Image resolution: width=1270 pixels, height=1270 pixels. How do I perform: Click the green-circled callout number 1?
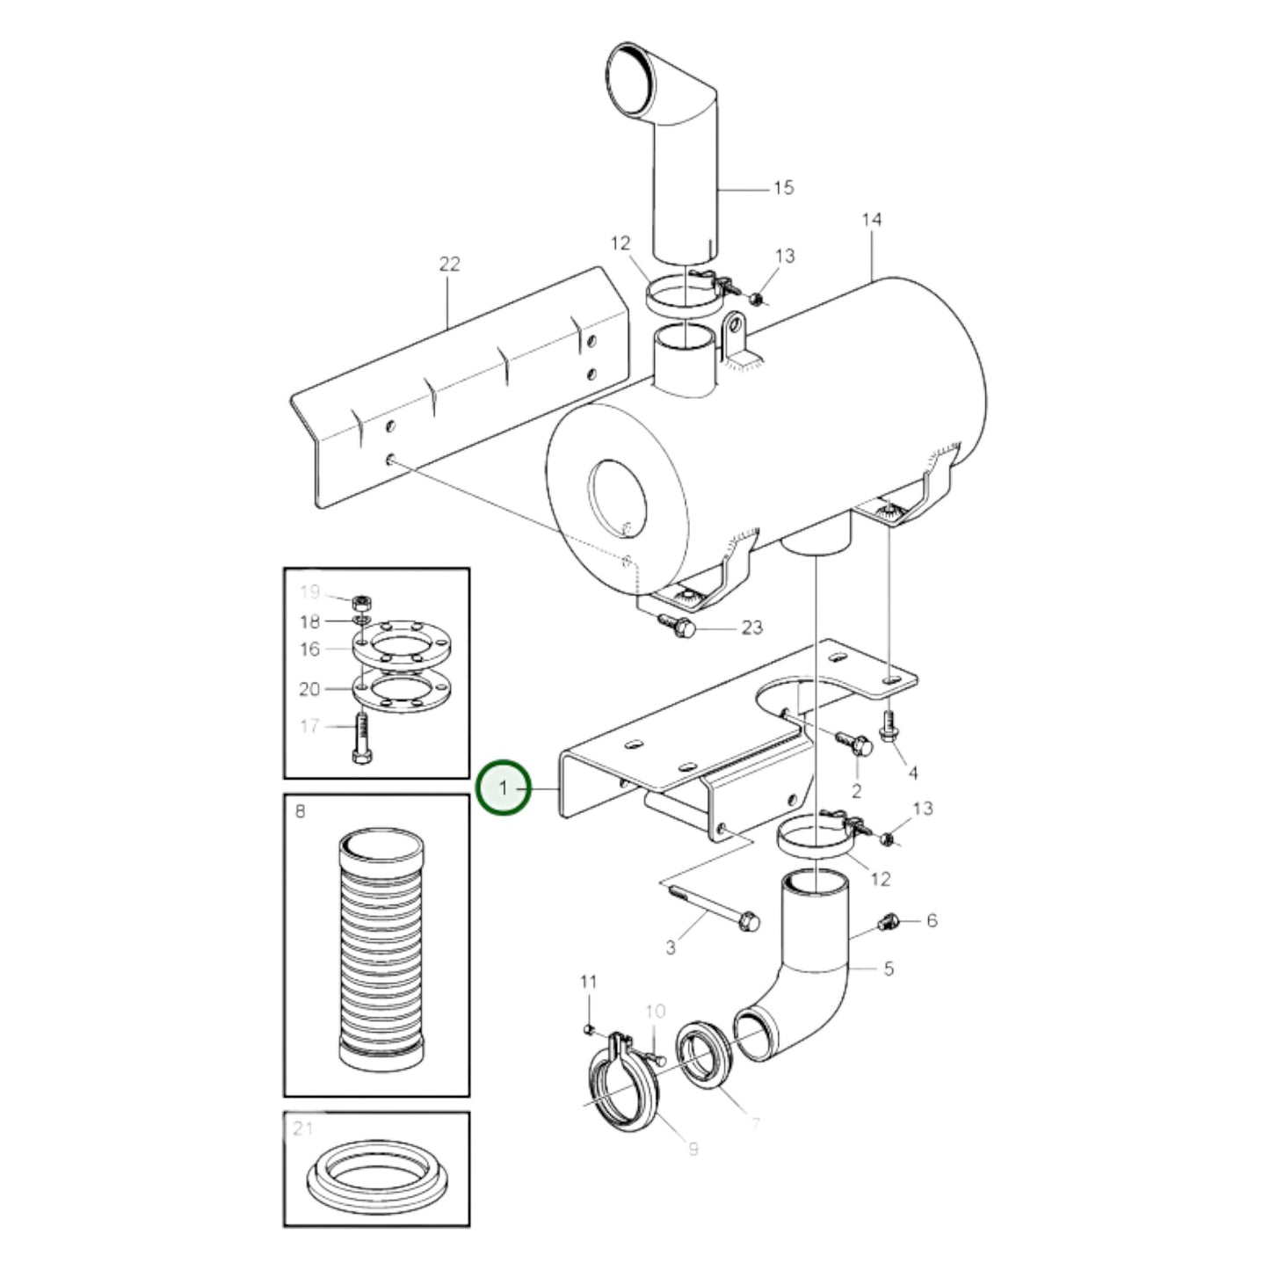pyautogui.click(x=503, y=788)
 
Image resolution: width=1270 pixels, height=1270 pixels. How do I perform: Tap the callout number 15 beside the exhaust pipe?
pyautogui.click(x=782, y=187)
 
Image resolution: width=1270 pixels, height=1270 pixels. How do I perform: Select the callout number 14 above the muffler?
pyautogui.click(x=870, y=219)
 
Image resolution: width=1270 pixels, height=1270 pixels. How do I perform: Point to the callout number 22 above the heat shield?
pyautogui.click(x=449, y=264)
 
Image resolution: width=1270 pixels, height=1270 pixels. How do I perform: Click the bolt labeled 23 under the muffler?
pyautogui.click(x=679, y=626)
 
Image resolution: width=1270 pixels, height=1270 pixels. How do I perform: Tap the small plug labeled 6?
pyautogui.click(x=889, y=921)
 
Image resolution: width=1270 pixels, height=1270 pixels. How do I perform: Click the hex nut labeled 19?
pyautogui.click(x=359, y=603)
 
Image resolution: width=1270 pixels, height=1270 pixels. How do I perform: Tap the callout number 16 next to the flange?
pyautogui.click(x=309, y=649)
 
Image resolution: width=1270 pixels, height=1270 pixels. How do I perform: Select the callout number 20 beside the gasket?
pyautogui.click(x=309, y=689)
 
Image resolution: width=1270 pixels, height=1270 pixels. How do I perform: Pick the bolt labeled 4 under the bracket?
pyautogui.click(x=888, y=726)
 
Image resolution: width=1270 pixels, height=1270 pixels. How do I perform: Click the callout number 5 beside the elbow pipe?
pyautogui.click(x=889, y=969)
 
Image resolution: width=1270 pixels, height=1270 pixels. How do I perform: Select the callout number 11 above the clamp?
pyautogui.click(x=588, y=981)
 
